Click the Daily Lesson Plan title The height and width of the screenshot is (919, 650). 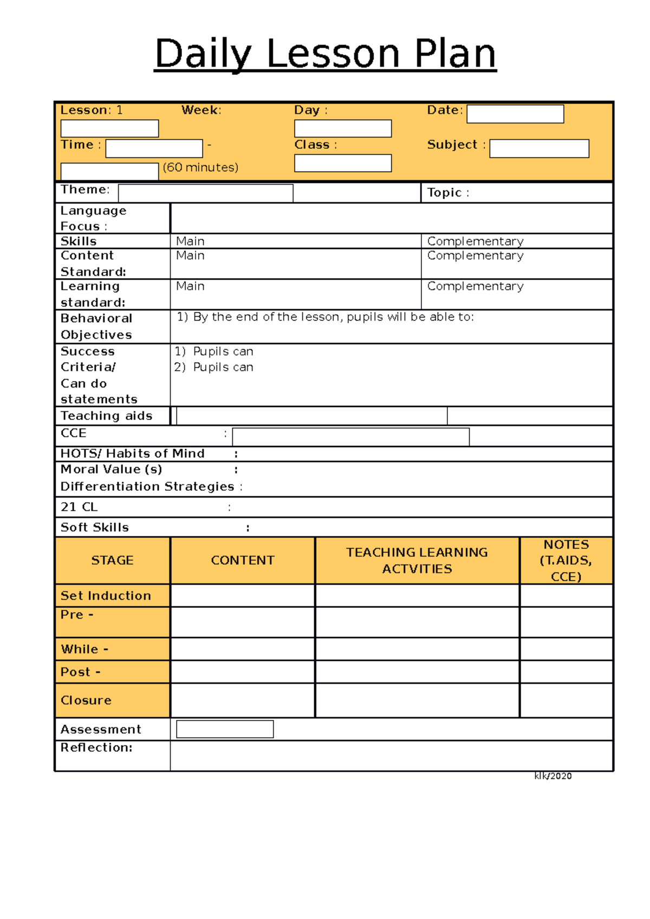(325, 54)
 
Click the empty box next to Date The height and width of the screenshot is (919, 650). (515, 114)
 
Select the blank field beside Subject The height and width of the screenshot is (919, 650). (539, 148)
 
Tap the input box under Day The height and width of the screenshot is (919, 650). (343, 129)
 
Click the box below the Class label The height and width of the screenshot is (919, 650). (343, 163)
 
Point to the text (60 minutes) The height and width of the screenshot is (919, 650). (200, 167)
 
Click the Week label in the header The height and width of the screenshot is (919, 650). (201, 110)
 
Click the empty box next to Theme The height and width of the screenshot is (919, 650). (205, 193)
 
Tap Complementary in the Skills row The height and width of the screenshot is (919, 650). (475, 241)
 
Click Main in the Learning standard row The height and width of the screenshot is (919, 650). (190, 286)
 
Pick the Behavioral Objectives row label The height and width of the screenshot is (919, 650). (96, 326)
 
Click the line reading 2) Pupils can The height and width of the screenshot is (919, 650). (214, 367)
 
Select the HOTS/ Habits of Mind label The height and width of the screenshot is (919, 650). (132, 454)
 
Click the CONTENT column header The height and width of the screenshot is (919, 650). (243, 560)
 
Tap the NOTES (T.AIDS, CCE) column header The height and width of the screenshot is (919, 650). (566, 560)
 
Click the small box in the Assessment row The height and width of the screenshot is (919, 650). (225, 729)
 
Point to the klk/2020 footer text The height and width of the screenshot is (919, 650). (552, 776)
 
